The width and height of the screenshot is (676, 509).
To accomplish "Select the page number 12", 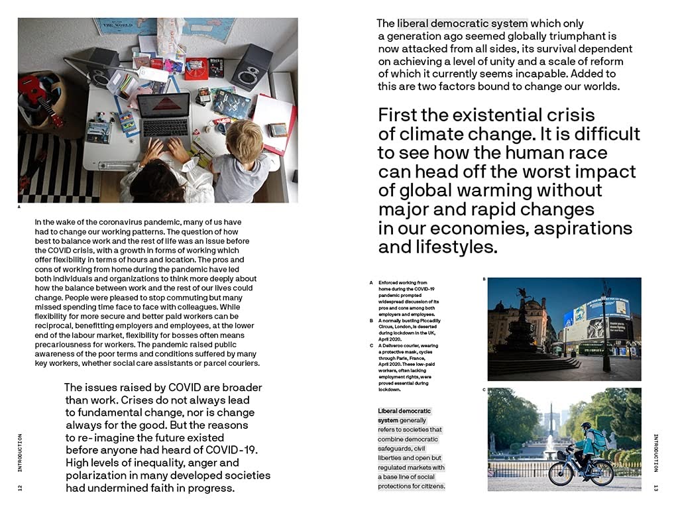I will coord(20,488).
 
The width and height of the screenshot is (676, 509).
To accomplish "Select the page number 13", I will coord(655,488).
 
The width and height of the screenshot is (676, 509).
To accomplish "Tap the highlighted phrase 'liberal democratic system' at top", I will coord(462,24).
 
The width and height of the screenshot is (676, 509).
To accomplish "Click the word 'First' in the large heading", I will coord(399,115).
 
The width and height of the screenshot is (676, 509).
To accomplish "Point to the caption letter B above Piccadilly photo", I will coord(484,279).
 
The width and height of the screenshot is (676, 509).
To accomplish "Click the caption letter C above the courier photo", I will coord(484,390).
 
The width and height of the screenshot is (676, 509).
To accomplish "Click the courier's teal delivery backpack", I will coord(598,438).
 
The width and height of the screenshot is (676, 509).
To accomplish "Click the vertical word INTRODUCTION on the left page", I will coord(20,453).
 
